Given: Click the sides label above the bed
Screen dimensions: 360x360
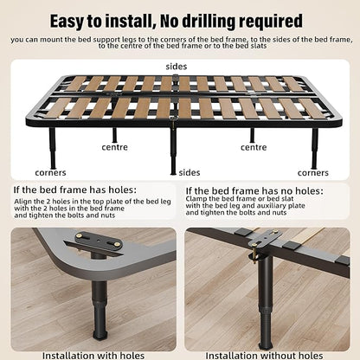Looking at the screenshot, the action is (x=177, y=67).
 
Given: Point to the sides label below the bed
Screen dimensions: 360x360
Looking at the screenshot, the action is (x=190, y=172).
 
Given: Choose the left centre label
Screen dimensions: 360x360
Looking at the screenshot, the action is (x=114, y=147).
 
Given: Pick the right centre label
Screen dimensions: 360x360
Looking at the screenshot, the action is (x=254, y=147).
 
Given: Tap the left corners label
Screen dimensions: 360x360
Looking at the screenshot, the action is (x=50, y=173).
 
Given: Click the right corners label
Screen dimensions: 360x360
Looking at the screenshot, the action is (x=313, y=173).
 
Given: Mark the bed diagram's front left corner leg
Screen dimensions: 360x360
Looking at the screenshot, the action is (x=53, y=148).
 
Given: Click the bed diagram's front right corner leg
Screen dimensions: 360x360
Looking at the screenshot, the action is (x=314, y=148).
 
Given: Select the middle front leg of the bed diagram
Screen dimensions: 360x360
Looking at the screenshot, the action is (x=173, y=151).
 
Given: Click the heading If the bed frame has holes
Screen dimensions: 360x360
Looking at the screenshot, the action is (x=74, y=190).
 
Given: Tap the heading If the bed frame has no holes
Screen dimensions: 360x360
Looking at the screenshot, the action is (x=254, y=191).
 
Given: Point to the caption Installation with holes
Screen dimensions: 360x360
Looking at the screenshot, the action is (x=93, y=356).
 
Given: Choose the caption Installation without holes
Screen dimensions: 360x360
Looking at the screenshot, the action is (x=264, y=356).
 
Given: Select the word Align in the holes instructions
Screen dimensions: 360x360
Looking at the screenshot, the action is (x=22, y=202).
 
